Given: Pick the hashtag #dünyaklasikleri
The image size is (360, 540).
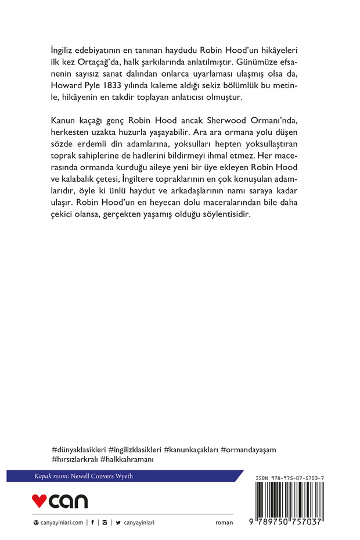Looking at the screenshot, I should click(78, 449).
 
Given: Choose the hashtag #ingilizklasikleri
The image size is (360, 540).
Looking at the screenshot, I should click(135, 449).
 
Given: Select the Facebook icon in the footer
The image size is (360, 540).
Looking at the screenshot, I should click(92, 523).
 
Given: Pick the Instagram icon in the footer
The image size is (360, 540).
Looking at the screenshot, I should click(105, 523).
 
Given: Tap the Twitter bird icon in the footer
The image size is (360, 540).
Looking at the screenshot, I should click(118, 523).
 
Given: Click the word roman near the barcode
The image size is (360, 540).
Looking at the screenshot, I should click(224, 523).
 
